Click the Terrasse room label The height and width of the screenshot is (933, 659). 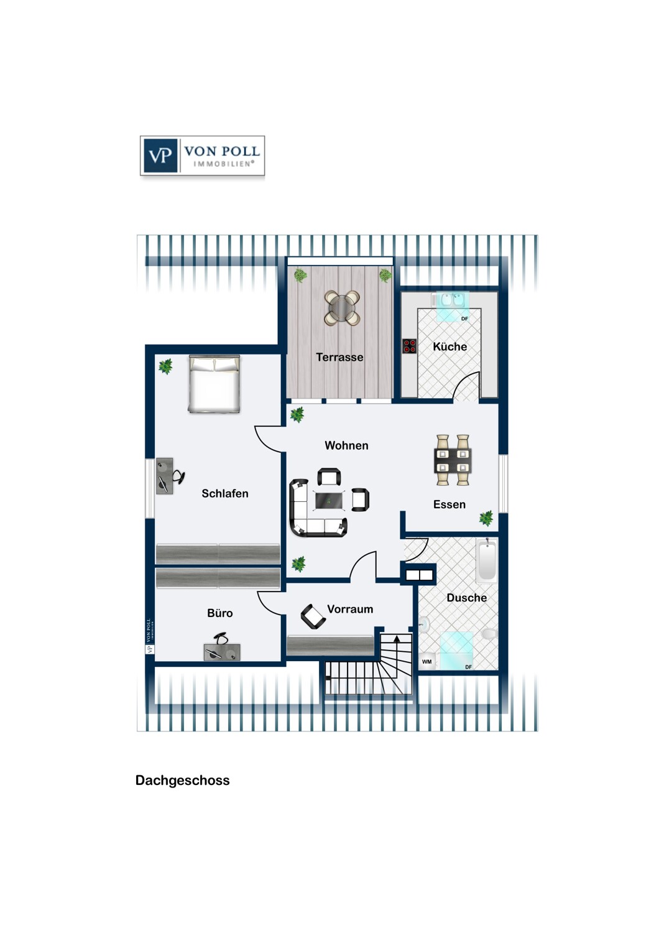[339, 357]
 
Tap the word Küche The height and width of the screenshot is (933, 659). [449, 346]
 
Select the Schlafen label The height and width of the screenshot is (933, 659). [225, 493]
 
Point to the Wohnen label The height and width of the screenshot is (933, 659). [346, 445]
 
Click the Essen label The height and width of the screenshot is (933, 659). [449, 504]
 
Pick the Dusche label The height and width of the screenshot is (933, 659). [467, 597]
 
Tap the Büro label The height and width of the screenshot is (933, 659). [220, 613]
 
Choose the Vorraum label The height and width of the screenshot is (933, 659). [350, 609]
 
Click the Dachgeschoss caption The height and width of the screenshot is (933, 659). [182, 780]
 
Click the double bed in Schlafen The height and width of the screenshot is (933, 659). [214, 384]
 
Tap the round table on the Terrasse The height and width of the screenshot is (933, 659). [342, 308]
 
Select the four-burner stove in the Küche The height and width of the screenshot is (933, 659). [409, 346]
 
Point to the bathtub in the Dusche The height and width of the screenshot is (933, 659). [486, 560]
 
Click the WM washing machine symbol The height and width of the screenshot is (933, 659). [426, 661]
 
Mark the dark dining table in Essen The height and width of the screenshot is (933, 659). [453, 460]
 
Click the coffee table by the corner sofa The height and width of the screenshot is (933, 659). [329, 500]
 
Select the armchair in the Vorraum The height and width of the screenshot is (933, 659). [313, 616]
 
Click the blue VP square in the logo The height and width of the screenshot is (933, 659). [160, 155]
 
